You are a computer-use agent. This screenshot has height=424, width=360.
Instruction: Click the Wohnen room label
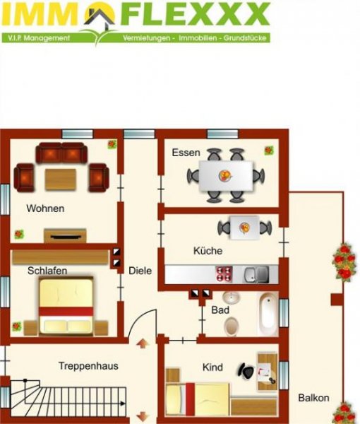click(45, 208)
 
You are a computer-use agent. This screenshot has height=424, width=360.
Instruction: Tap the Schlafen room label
click(47, 271)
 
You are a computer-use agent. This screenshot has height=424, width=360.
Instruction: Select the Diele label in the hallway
click(140, 270)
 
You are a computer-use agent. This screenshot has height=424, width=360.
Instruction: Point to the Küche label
click(208, 251)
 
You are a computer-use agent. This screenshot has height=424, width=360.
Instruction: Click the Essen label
click(186, 153)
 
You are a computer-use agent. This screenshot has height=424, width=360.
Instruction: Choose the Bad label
click(220, 310)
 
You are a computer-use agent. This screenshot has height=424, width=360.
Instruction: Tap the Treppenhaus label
click(88, 366)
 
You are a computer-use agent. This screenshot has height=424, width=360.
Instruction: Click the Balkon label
click(313, 398)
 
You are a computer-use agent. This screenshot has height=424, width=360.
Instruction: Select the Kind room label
click(212, 367)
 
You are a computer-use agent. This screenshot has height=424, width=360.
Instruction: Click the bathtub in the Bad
click(268, 314)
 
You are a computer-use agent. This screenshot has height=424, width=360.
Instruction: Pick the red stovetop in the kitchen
click(224, 273)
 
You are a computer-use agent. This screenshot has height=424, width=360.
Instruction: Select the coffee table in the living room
click(60, 179)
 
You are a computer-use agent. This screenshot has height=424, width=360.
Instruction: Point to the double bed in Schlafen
click(67, 306)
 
